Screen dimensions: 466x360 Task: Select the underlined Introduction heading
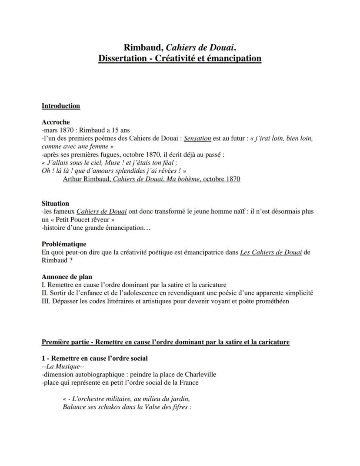point(60,106)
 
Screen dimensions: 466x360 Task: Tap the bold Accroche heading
point(56,122)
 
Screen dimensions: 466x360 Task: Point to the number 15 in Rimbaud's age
point(119,130)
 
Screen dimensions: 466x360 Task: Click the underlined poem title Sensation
point(197,138)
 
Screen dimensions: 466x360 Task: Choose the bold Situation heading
point(55,203)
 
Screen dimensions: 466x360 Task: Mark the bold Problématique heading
point(64,244)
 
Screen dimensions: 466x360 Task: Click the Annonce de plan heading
point(67,277)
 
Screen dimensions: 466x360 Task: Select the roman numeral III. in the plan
point(46,301)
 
